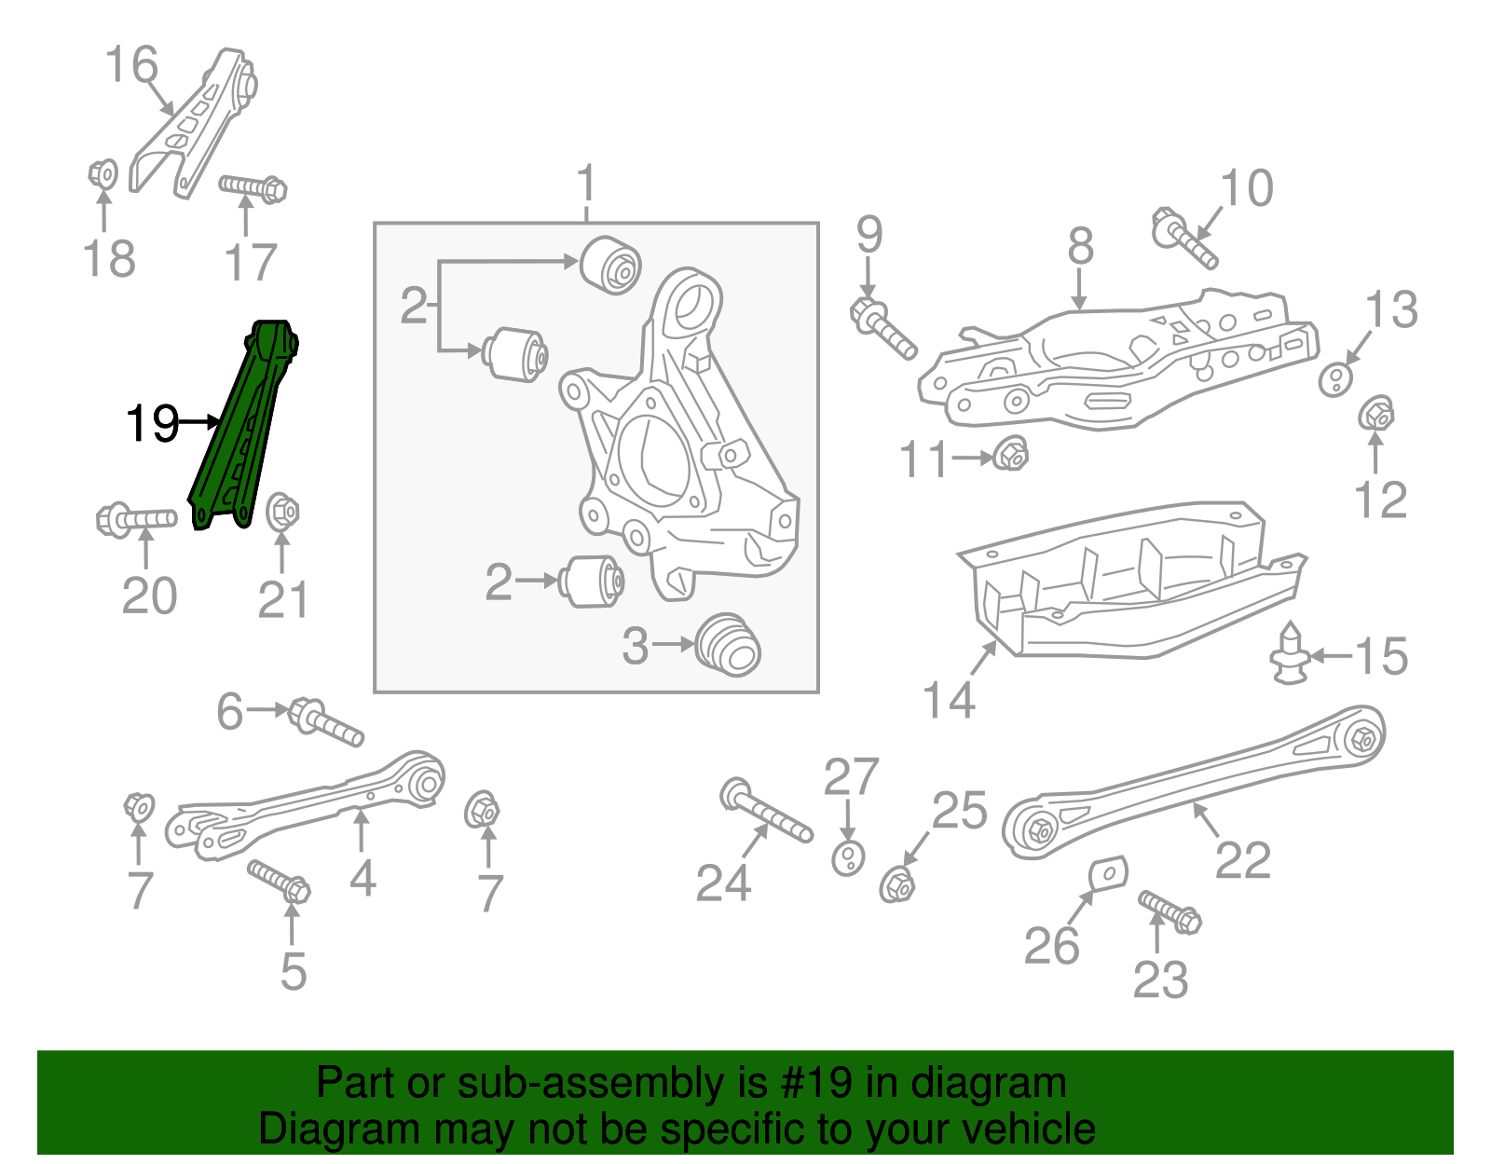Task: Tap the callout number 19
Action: click(152, 424)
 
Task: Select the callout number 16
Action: click(131, 65)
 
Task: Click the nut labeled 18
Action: click(103, 173)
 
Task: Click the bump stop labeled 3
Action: click(729, 644)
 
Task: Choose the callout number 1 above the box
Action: click(586, 184)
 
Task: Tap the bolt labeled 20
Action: click(135, 518)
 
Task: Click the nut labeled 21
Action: click(282, 512)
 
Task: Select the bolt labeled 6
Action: click(326, 722)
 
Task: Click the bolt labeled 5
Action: click(279, 882)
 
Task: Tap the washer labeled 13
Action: click(1335, 379)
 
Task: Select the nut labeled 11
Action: click(1011, 455)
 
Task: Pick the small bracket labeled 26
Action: click(1108, 874)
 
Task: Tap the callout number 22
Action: click(1242, 860)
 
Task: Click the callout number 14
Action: click(948, 699)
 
